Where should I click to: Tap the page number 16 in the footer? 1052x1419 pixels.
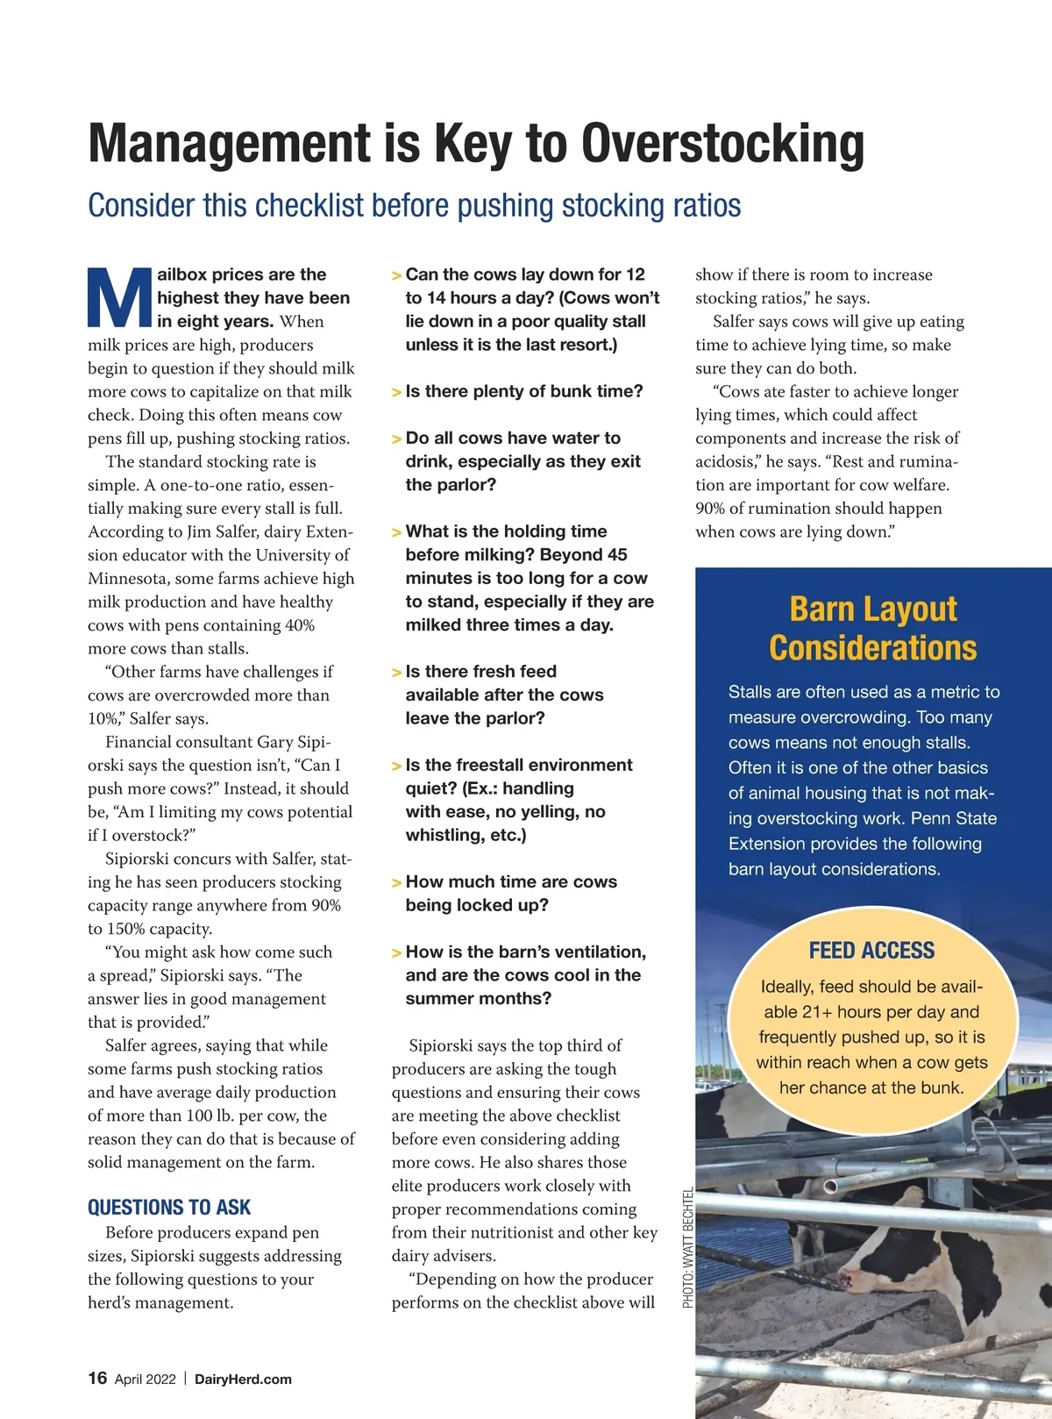tap(97, 1378)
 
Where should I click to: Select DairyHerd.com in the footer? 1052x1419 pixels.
tap(243, 1379)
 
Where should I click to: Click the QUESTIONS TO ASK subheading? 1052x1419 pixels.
tap(169, 1208)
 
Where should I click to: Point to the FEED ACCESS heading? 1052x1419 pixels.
tap(871, 951)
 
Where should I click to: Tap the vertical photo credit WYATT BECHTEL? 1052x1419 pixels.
tap(688, 1247)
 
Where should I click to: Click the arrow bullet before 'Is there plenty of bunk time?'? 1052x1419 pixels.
tap(396, 392)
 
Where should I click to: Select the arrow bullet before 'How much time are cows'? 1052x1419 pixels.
tap(396, 883)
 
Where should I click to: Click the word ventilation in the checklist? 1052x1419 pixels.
tap(600, 952)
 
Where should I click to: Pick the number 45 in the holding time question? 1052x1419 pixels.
tap(617, 554)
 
